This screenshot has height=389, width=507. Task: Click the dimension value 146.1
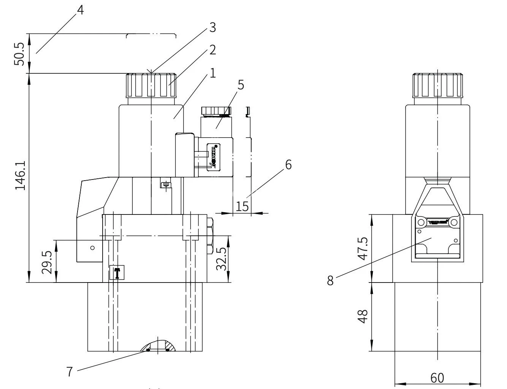20,175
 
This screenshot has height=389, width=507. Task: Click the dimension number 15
242,206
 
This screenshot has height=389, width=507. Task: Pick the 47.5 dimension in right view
363,249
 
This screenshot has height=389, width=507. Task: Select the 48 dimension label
363,316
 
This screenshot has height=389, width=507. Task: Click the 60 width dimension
437,378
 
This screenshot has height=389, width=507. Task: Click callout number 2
212,50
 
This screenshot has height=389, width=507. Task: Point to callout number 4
80,10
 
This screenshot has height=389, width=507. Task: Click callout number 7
69,372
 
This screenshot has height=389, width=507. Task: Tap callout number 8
330,280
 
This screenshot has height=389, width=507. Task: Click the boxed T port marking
117,273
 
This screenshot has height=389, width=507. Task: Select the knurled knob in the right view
438,86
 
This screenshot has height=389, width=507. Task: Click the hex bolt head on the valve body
209,236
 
